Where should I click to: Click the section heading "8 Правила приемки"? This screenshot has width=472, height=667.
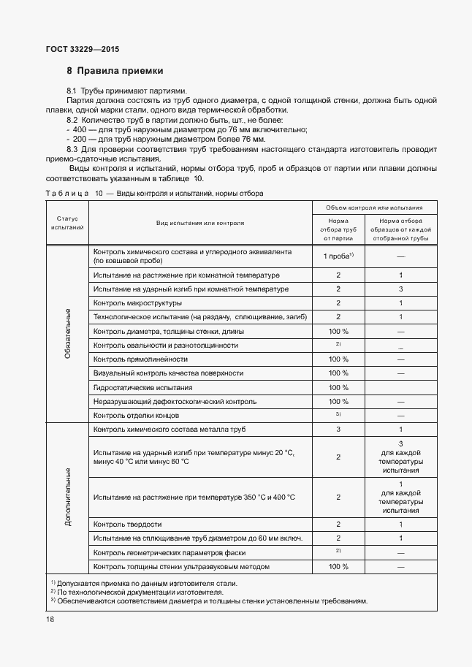coord(115,72)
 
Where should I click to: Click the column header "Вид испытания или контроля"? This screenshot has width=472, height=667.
coord(199,223)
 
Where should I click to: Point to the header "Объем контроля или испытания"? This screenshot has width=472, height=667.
coord(375,207)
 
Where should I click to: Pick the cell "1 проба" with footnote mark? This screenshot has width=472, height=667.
coord(338,255)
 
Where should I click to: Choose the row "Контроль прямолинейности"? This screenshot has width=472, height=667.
coord(140,359)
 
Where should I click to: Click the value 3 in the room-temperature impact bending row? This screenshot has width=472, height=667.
coord(401,289)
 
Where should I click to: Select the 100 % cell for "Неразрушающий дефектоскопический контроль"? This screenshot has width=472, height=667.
coord(338,401)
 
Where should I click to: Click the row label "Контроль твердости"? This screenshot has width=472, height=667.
coord(128,524)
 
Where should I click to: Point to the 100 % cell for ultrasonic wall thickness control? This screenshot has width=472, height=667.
coord(338,566)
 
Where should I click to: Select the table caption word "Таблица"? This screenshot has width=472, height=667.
coord(66,194)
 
